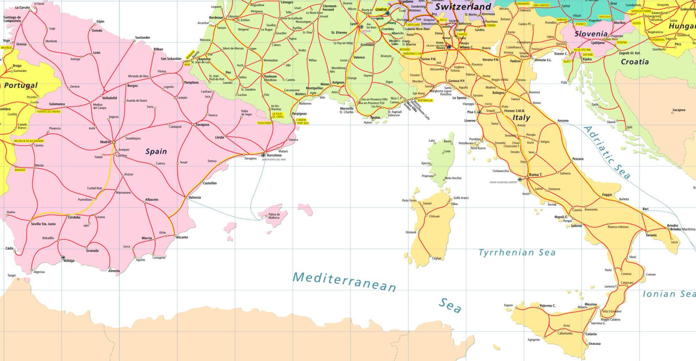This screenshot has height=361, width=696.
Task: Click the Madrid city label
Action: point(105,142)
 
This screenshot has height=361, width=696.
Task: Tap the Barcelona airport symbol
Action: point(263,155)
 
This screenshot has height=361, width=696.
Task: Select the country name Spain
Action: point(156,151)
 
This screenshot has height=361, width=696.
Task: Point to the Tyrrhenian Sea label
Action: point(517,253)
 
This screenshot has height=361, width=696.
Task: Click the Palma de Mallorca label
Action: point(274,216)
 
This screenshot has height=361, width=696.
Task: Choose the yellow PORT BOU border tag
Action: point(303,123)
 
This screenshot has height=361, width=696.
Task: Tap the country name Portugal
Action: point(21,85)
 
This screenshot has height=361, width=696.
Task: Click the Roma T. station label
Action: point(535,175)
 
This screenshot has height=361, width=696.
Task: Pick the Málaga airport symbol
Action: point(63,258)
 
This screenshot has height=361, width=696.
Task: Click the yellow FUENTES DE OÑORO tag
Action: point(48,111)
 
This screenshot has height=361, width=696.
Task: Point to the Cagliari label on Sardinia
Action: point(436,259)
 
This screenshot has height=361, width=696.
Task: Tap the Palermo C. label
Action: point(547,306)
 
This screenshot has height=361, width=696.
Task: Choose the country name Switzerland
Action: point(463,7)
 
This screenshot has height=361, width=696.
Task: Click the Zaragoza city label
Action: point(202,124)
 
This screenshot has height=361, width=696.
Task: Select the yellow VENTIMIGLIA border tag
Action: point(425,100)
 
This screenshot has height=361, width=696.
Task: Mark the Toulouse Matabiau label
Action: point(270,78)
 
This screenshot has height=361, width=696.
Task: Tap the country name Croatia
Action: point(634,62)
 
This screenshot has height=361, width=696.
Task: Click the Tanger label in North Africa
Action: point(12,275)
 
